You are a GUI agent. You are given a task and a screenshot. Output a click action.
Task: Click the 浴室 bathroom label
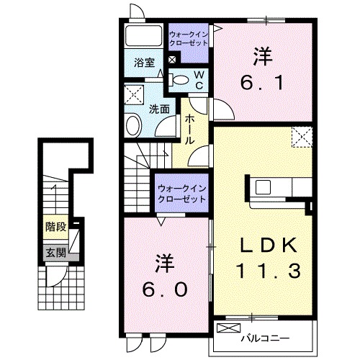tap(144, 63)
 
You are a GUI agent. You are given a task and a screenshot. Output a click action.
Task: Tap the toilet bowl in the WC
tap(181, 80)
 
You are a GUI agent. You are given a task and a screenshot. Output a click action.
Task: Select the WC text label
tap(199, 81)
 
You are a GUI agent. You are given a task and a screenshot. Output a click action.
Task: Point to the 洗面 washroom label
tap(159, 109)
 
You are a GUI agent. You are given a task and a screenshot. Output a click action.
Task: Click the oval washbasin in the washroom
tap(133, 126)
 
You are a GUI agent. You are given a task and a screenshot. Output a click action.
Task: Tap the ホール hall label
tap(190, 129)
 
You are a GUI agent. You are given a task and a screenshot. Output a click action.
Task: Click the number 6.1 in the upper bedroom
tap(262, 83)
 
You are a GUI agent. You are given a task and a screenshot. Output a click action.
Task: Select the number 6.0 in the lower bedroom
tap(164, 289)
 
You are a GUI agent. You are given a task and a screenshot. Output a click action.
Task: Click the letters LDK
tap(269, 246)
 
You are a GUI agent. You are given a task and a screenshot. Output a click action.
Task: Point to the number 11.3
tap(269, 271)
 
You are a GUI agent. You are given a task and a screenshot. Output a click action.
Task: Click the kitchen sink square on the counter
tap(263, 187)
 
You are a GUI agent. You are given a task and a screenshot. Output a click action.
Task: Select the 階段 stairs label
tap(56, 227)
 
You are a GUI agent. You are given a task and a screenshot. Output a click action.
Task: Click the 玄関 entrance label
tap(56, 253)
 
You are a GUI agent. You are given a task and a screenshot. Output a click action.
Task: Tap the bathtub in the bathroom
tap(143, 35)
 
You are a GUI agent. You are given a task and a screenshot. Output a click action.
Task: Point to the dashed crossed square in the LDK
tap(302, 137)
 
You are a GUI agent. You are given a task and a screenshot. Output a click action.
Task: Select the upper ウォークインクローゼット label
tap(189, 39)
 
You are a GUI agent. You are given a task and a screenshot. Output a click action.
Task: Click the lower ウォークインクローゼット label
tap(181, 194)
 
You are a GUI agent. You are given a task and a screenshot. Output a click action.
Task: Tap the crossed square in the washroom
tap(134, 94)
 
